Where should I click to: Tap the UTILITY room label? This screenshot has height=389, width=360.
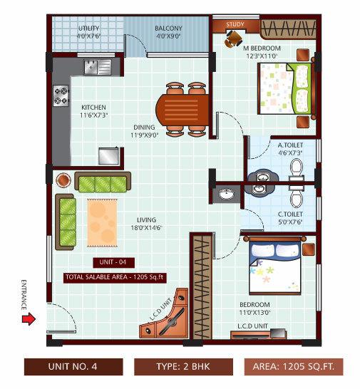(x=89, y=28)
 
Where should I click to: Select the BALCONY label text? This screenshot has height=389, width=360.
(x=168, y=28)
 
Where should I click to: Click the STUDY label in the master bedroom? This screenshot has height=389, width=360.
(x=235, y=24)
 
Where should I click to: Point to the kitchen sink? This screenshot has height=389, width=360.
(x=95, y=68)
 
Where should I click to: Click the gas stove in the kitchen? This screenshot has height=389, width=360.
(x=61, y=95)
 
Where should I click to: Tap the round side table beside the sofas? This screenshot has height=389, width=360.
(x=63, y=178)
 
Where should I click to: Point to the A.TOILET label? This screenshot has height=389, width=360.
(x=291, y=144)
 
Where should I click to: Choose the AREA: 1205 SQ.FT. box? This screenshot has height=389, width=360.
(x=294, y=368)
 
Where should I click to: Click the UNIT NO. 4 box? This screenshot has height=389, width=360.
(x=71, y=368)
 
